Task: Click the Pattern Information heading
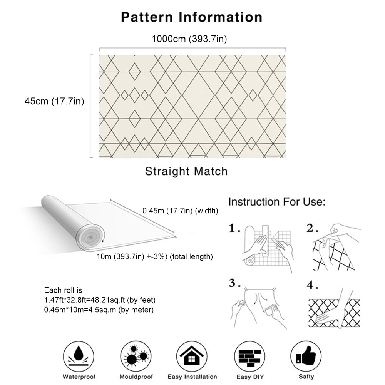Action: click(x=192, y=17)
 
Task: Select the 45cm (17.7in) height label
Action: click(x=54, y=101)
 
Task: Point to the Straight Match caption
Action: click(x=186, y=171)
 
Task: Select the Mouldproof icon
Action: click(x=136, y=356)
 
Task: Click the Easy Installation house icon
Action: click(x=192, y=356)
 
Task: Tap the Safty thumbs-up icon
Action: click(x=306, y=356)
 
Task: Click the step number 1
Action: click(x=234, y=229)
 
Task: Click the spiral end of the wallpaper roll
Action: click(x=91, y=235)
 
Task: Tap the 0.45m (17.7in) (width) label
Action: click(x=180, y=211)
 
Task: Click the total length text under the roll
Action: click(x=155, y=257)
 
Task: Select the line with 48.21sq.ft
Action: click(x=100, y=300)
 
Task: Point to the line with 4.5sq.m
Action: click(x=99, y=310)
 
